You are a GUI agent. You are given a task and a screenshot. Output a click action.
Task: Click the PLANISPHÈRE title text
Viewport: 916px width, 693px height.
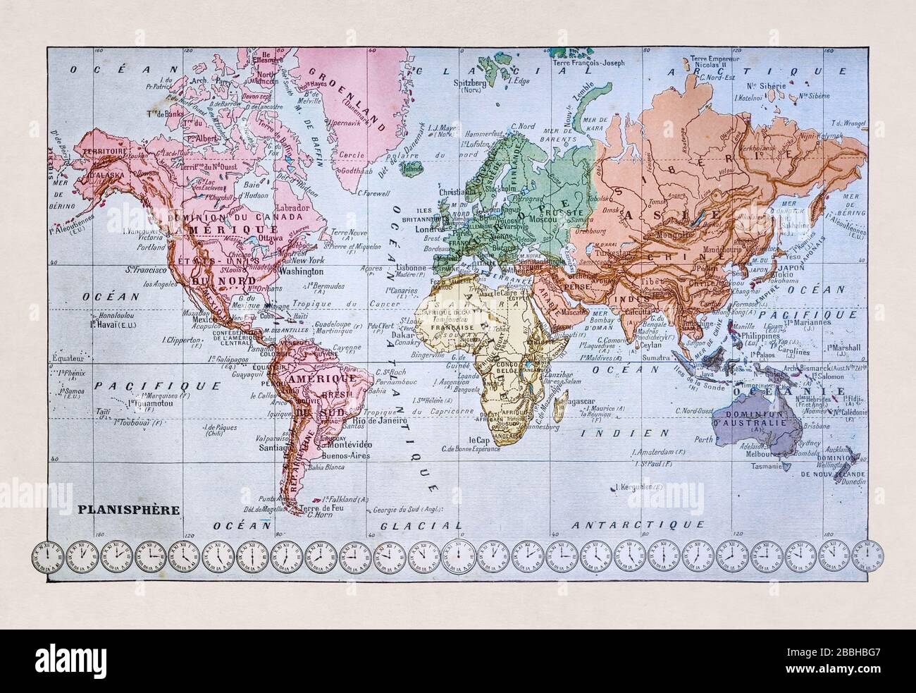tap(118, 508)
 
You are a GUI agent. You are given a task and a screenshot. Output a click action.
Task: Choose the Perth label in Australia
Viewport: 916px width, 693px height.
tap(705, 439)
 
